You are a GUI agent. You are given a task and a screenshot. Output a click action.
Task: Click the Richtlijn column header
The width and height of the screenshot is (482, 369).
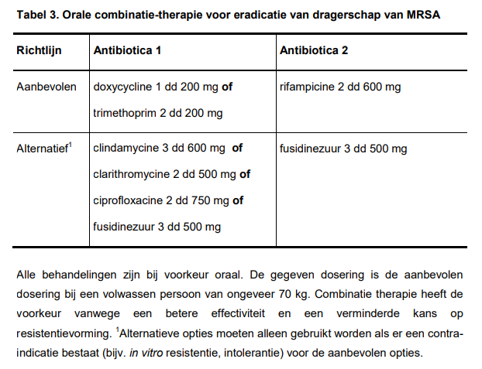(40, 50)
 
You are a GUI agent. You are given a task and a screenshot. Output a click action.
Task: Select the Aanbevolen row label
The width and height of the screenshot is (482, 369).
(46, 87)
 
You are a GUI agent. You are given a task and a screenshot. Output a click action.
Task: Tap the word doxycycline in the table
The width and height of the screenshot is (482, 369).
(124, 87)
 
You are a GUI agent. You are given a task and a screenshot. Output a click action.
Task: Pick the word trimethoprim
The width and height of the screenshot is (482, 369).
(125, 113)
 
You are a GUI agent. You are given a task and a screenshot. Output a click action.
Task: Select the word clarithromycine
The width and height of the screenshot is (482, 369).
(131, 175)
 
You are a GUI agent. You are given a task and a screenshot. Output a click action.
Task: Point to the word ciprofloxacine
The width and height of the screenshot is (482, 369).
(128, 201)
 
